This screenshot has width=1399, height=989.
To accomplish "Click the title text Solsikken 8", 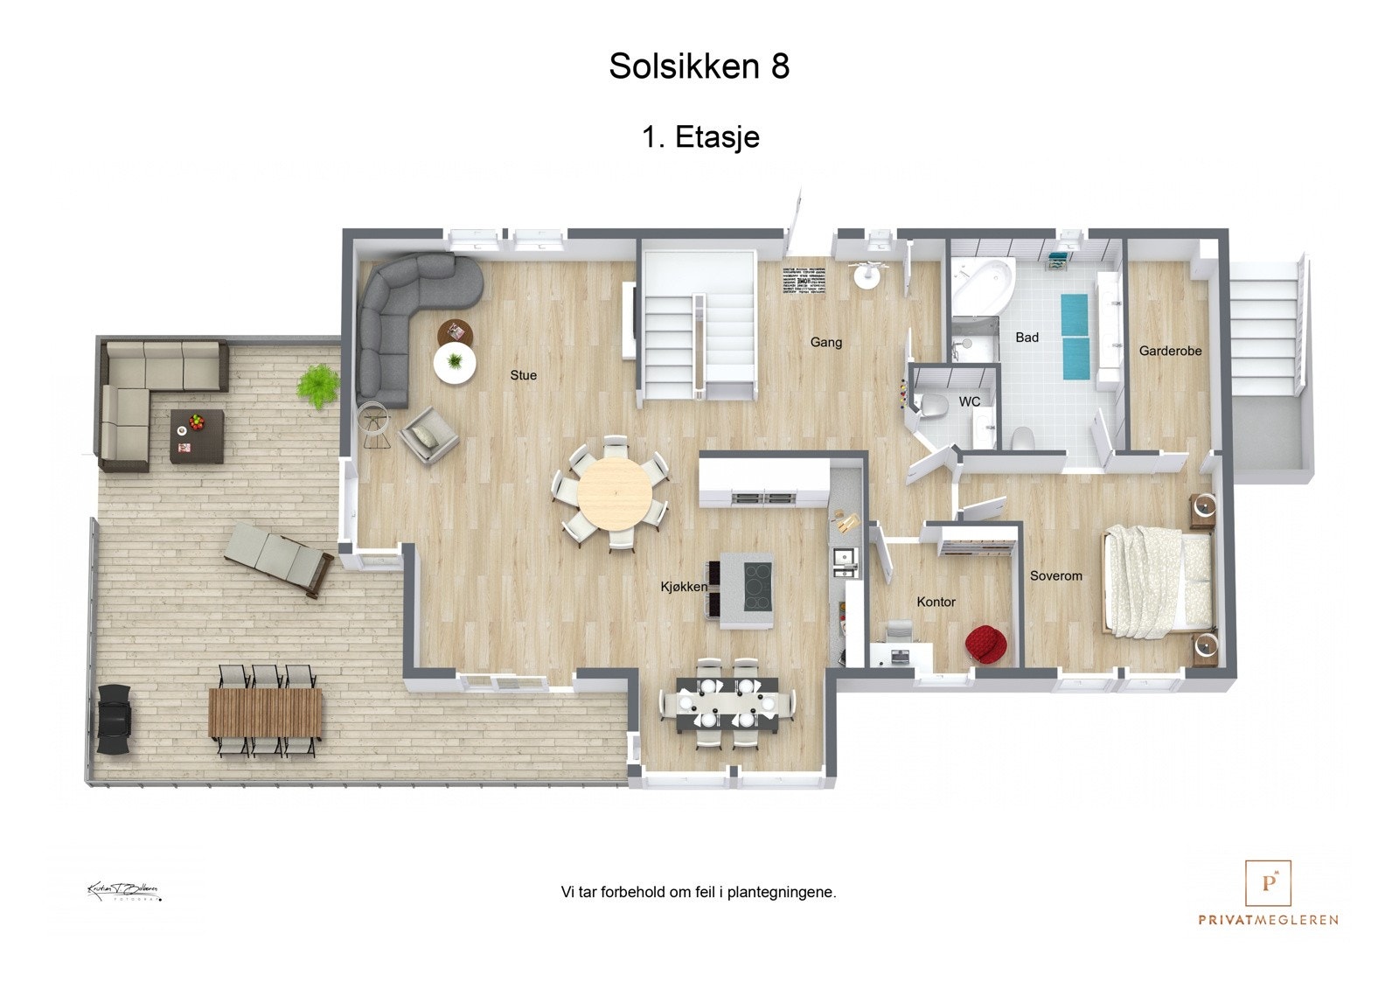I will tap(699, 66).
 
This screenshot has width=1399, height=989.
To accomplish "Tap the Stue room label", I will tap(523, 375).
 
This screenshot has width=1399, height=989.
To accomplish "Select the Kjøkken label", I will tap(684, 587).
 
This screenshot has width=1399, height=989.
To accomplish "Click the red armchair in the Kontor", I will tap(986, 644).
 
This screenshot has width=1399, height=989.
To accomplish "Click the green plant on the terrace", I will tap(317, 385).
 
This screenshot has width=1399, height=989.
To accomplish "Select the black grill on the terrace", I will tap(115, 720).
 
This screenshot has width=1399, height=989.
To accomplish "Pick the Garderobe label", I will tap(1170, 351).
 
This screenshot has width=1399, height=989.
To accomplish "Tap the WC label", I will tap(969, 402).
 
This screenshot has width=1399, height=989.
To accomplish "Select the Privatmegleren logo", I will tap(1268, 892).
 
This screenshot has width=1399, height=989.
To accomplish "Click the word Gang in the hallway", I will tap(825, 342).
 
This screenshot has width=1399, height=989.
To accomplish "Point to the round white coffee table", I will tap(455, 362).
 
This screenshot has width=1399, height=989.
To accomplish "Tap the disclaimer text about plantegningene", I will tap(698, 893).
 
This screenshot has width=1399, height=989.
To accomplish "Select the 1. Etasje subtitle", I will tap(700, 137).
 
